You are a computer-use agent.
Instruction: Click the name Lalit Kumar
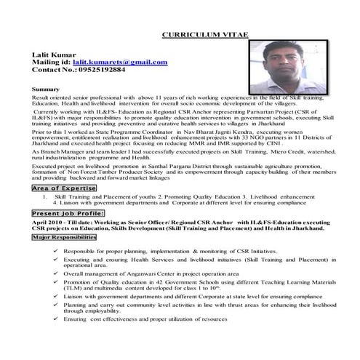[x=55, y=55]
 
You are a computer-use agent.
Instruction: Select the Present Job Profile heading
[x=68, y=214]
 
